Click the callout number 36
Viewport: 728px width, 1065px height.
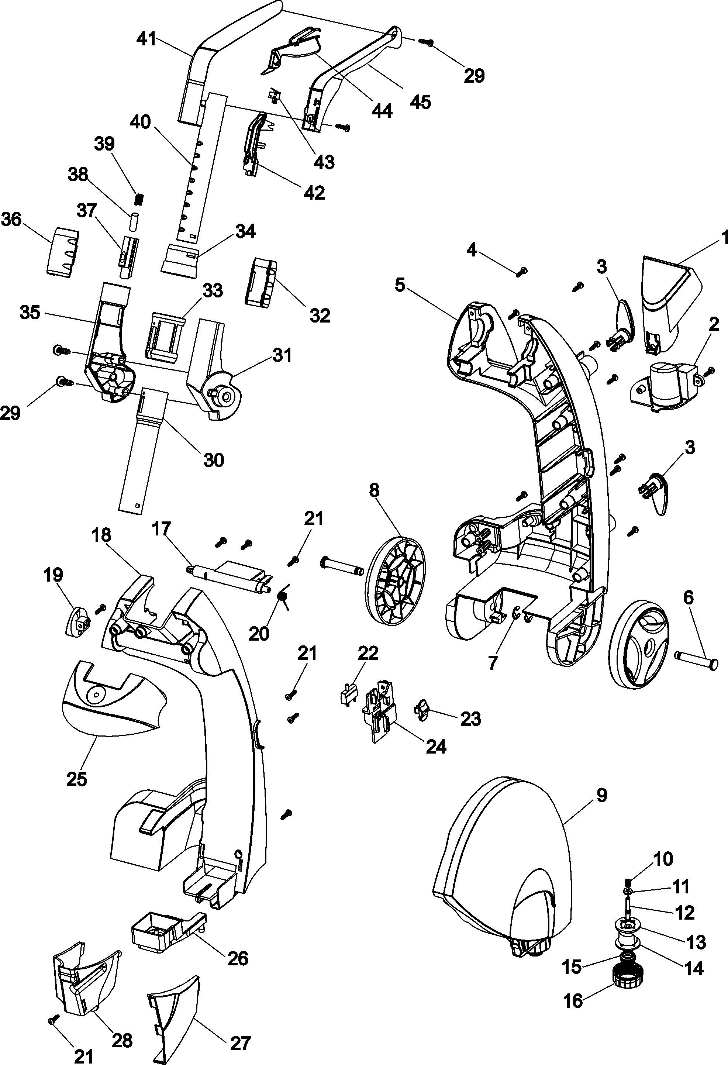[x=11, y=220]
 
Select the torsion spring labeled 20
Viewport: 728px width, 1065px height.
[x=283, y=597]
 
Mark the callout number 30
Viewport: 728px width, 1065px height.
[x=214, y=460]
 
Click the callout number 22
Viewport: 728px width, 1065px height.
[x=368, y=653]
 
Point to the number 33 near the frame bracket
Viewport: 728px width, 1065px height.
[x=213, y=290]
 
